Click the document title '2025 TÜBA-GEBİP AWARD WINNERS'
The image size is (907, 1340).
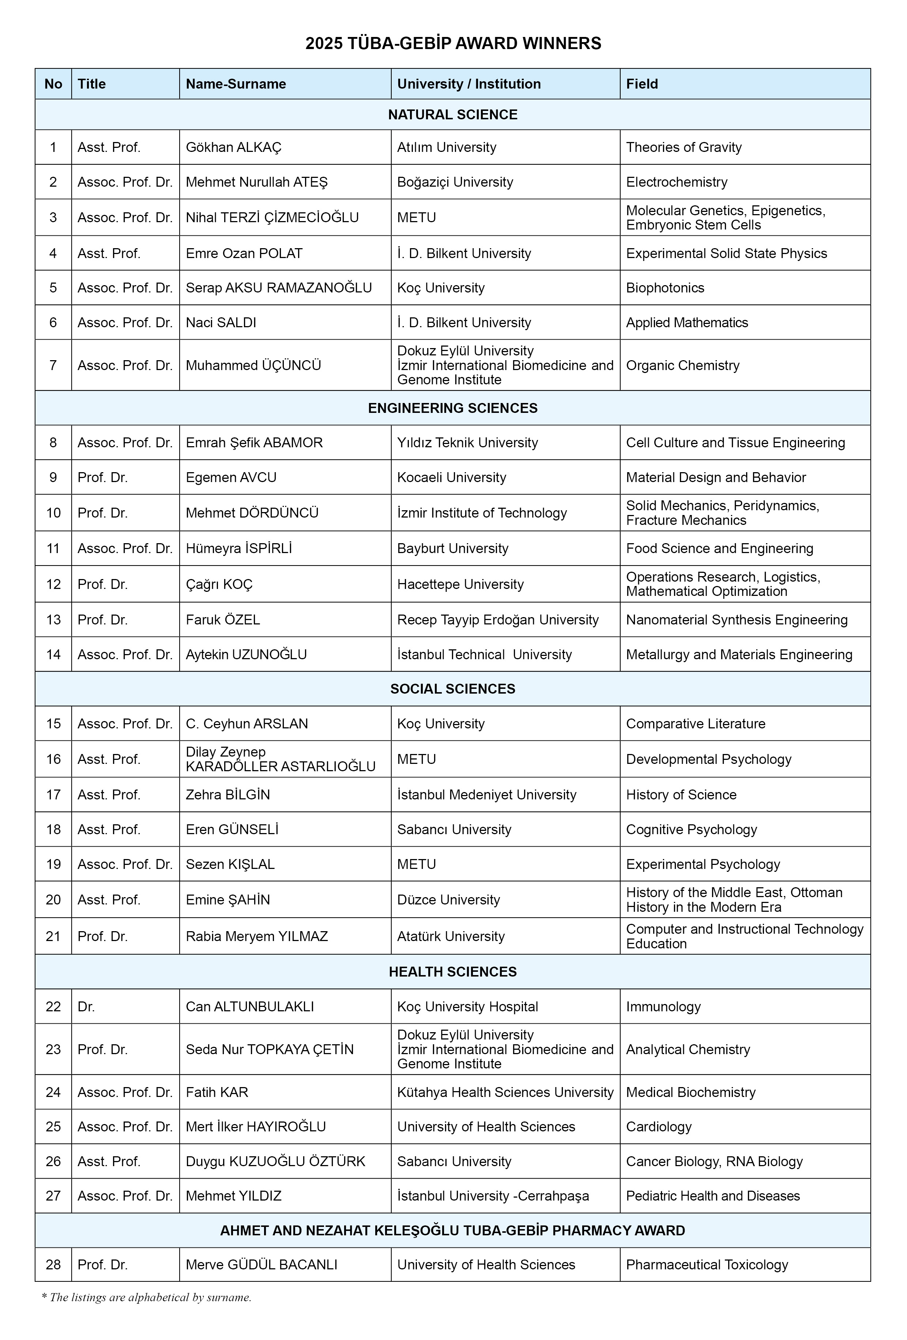pos(453,43)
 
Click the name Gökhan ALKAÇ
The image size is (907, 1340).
pos(233,147)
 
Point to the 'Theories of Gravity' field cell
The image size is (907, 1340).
pos(684,147)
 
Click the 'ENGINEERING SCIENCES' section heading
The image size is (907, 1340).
pos(452,408)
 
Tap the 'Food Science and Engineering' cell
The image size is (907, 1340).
pos(719,548)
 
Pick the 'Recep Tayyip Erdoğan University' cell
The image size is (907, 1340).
pos(497,619)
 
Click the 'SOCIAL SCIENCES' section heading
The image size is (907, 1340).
pos(452,688)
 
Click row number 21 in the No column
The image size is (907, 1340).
pos(53,936)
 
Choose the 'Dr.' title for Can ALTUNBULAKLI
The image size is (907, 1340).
pos(86,1006)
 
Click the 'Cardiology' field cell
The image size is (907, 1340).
pos(659,1126)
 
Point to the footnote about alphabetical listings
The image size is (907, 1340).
pos(146,1297)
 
